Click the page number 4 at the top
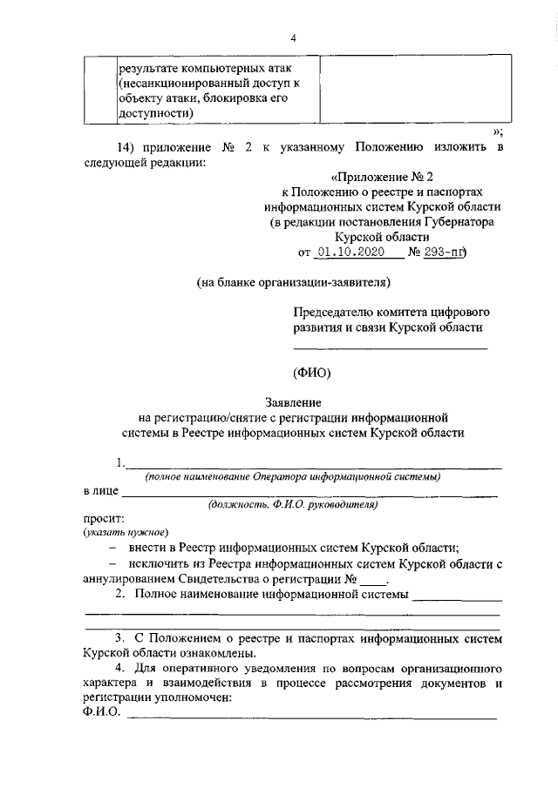pos(294,37)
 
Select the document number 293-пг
pos(445,253)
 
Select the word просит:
pos(103,517)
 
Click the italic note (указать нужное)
pos(126,532)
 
